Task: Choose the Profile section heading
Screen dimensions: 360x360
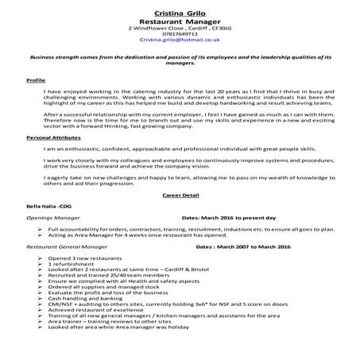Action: [x=36, y=81]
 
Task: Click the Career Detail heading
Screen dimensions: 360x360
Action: [x=179, y=193]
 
